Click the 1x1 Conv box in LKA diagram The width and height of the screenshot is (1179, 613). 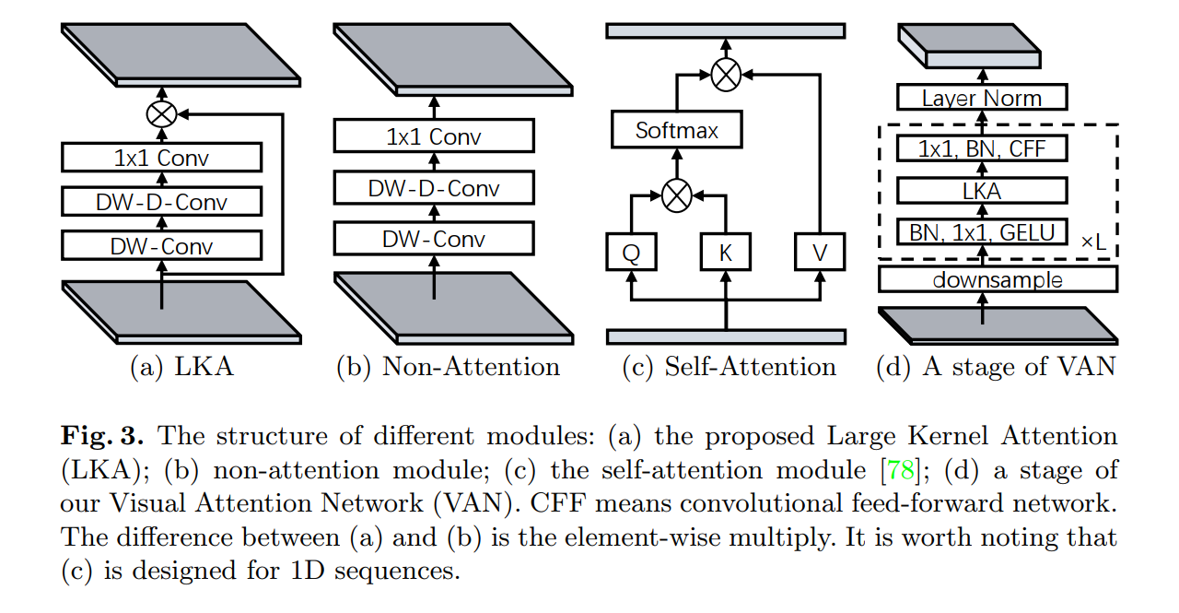[x=162, y=158]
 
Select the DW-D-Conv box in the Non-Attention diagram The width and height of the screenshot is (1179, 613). [x=434, y=189]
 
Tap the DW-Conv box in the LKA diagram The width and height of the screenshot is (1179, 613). [x=162, y=246]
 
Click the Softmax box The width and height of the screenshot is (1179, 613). [x=677, y=131]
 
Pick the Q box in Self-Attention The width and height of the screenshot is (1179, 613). [x=631, y=253]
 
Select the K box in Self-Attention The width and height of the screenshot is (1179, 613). [x=726, y=253]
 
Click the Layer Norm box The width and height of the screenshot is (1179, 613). [x=982, y=98]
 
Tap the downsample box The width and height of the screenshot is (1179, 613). [x=998, y=279]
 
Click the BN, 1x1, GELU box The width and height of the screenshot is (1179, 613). [x=982, y=231]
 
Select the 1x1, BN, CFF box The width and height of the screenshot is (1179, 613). [x=982, y=148]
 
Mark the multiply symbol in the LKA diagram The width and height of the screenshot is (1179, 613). [x=162, y=114]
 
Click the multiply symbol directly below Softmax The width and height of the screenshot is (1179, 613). [x=677, y=195]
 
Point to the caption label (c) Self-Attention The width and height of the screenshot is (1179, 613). [x=730, y=367]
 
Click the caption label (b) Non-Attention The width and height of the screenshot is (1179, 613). [x=448, y=367]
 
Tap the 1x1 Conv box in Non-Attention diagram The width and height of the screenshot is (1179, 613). [x=434, y=137]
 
